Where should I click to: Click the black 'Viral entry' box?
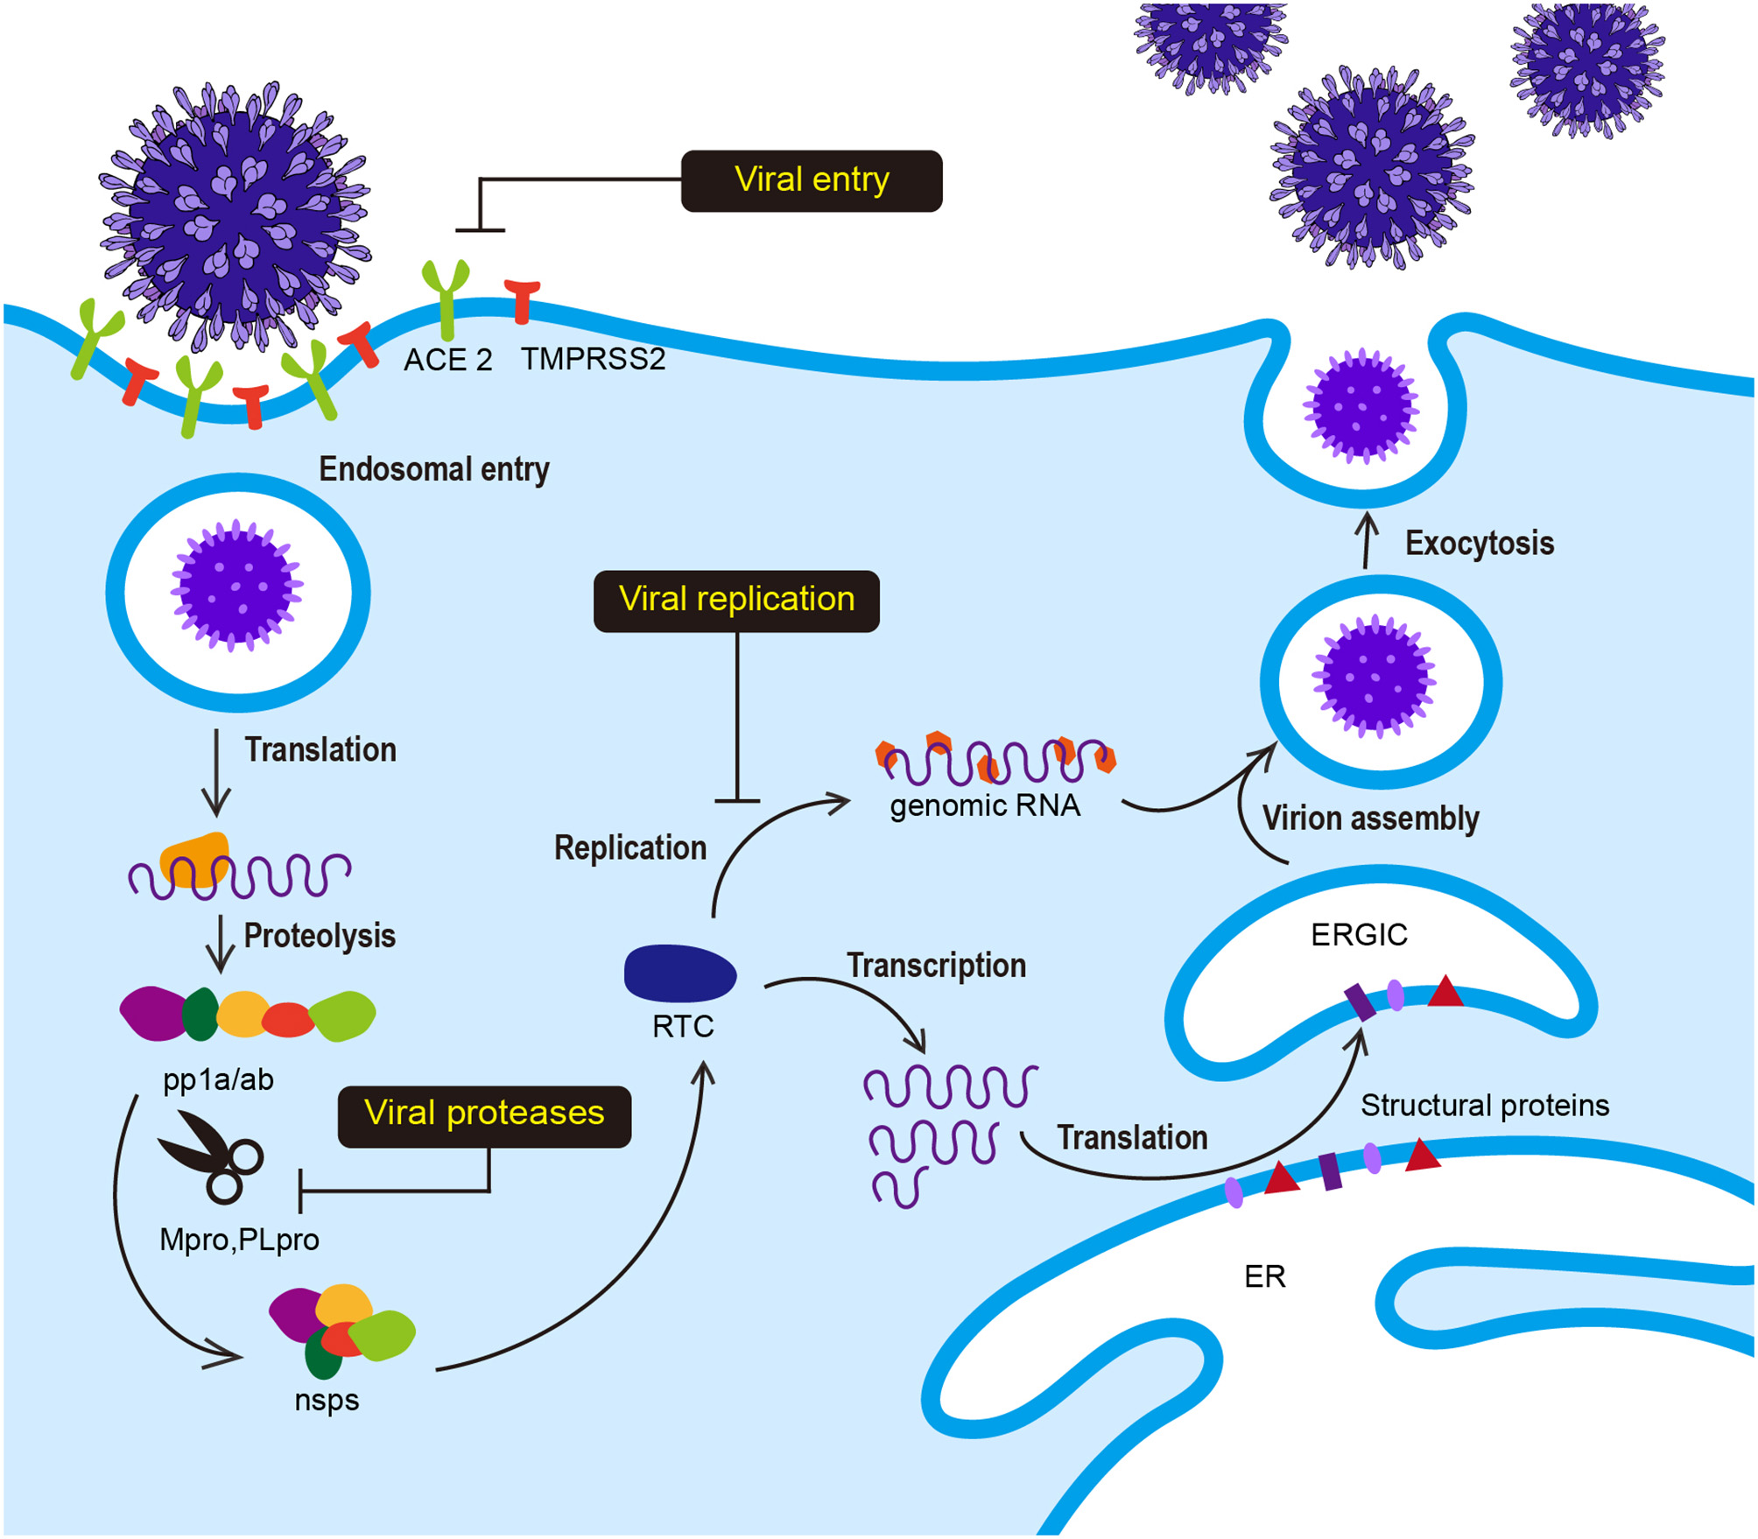[x=812, y=180]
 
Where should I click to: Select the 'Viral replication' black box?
[x=736, y=601]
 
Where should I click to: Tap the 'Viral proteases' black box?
[x=484, y=1115]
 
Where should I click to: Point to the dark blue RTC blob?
[x=679, y=973]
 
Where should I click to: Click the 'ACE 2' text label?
[x=447, y=360]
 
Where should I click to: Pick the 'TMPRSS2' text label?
[x=593, y=359]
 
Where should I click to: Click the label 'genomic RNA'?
[x=985, y=805]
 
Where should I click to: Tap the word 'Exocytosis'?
[x=1479, y=544]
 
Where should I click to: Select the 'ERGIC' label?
[x=1359, y=935]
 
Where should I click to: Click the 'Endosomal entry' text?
[x=433, y=470]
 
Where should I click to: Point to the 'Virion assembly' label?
[x=1370, y=819]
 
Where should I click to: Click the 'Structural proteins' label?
[x=1484, y=1106]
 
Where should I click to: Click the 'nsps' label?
[x=327, y=1400]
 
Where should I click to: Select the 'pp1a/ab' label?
[x=218, y=1080]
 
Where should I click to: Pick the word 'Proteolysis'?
[x=319, y=936]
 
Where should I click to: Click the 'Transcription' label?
[x=936, y=966]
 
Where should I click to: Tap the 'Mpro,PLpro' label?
[x=239, y=1240]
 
